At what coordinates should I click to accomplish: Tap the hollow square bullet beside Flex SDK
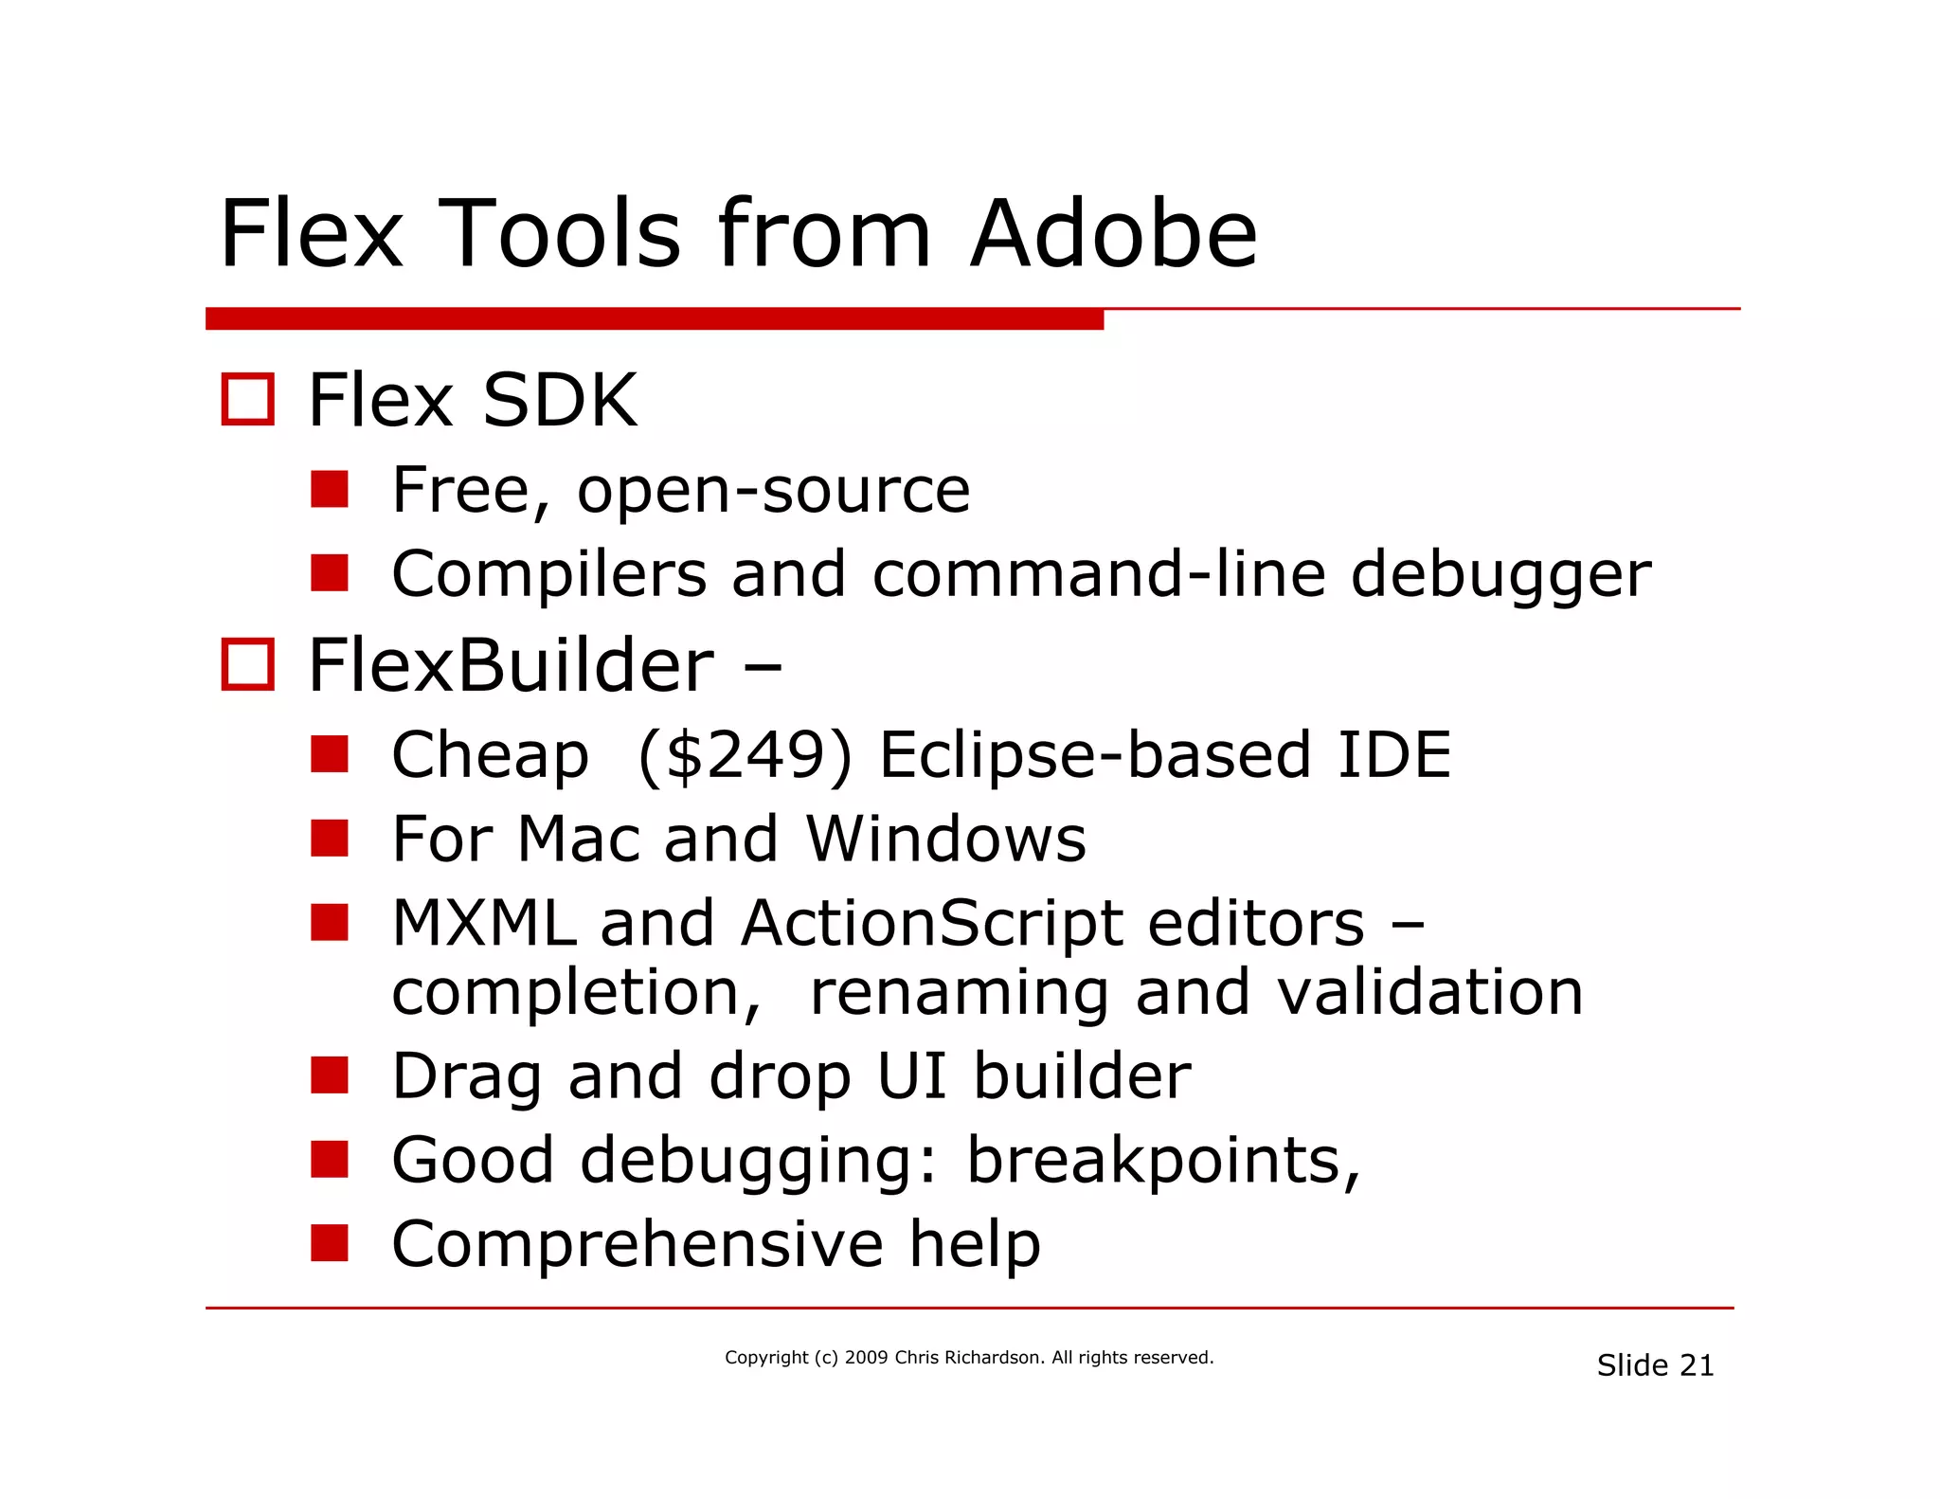[247, 399]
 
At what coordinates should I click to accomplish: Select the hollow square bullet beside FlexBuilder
[247, 664]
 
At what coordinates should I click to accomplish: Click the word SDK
[559, 401]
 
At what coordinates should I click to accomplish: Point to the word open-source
[773, 491]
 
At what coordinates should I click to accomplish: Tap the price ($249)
[745, 755]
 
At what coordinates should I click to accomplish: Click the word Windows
[945, 840]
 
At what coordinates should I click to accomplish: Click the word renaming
[959, 994]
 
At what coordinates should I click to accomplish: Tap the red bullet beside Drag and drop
[329, 1075]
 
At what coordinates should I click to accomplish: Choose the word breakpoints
[1162, 1161]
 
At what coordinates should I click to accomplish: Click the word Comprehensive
[638, 1244]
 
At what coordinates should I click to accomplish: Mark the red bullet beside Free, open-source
[329, 490]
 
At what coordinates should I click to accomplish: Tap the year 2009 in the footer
[866, 1357]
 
